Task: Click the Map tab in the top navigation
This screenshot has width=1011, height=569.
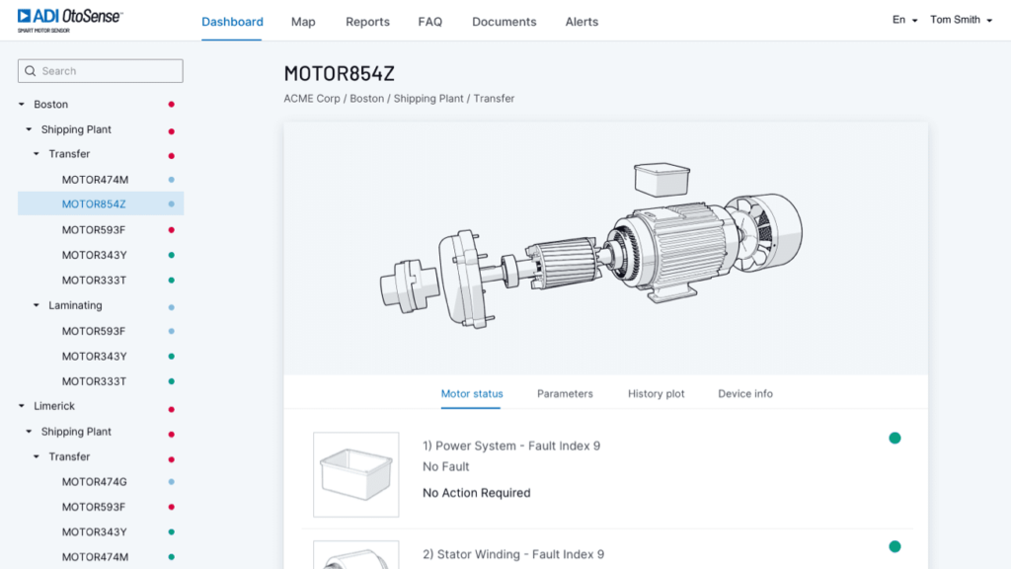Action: click(x=303, y=22)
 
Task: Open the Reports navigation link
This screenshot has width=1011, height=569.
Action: click(x=367, y=22)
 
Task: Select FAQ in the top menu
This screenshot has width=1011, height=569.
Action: click(x=430, y=22)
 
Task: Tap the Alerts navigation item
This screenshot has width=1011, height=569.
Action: click(x=582, y=22)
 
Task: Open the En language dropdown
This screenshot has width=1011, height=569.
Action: click(x=904, y=20)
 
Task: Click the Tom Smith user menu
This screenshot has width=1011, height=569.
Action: click(x=961, y=20)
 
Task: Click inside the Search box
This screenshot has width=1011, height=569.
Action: click(x=101, y=71)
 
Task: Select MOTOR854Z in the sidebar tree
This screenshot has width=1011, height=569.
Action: click(x=94, y=204)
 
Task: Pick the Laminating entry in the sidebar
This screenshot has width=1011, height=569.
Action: click(x=75, y=305)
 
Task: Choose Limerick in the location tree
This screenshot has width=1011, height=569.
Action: click(x=54, y=406)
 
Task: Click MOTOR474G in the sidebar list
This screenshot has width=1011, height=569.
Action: click(x=94, y=482)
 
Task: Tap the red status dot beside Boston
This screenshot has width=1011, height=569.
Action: click(x=171, y=104)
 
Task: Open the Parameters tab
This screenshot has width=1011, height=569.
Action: click(x=565, y=393)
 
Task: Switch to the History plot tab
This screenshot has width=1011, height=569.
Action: click(x=656, y=393)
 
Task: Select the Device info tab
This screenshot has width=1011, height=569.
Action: click(x=745, y=393)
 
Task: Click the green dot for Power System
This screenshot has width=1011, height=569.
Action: click(x=894, y=438)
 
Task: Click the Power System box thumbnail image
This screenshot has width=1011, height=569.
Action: click(x=356, y=474)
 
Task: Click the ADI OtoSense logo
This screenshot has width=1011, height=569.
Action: click(x=69, y=19)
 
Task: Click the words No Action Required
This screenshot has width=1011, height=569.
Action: click(x=476, y=493)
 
